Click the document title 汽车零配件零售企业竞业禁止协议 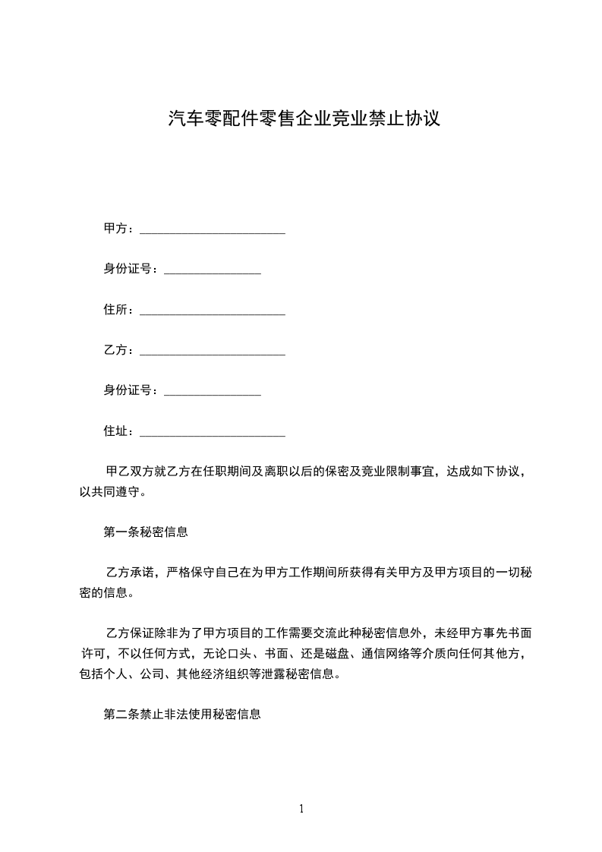point(304,119)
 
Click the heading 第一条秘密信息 point(146,532)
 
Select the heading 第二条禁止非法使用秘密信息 point(182,715)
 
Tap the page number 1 point(301,809)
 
